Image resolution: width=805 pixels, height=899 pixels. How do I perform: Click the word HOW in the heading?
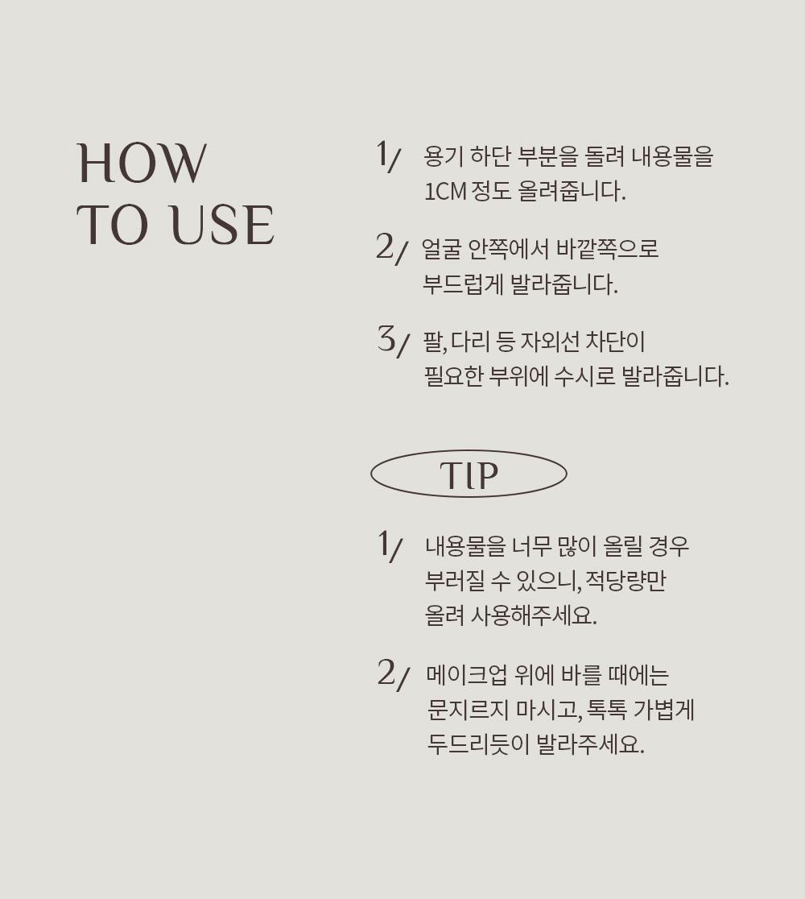[x=142, y=164]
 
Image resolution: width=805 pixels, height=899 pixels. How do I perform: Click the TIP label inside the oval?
[x=469, y=474]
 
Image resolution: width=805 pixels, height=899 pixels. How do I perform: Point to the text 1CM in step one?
[x=445, y=191]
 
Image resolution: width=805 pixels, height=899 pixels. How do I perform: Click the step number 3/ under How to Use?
[x=394, y=340]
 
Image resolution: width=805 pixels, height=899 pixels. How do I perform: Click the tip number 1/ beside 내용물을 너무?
[x=390, y=545]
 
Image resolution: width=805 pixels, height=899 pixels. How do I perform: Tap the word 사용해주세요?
[x=534, y=615]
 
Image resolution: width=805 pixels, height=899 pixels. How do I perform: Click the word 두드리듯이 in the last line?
[x=478, y=744]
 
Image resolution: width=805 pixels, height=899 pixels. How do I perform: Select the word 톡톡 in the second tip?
[x=607, y=710]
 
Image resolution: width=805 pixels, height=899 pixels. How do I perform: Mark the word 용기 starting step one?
[x=444, y=156]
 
